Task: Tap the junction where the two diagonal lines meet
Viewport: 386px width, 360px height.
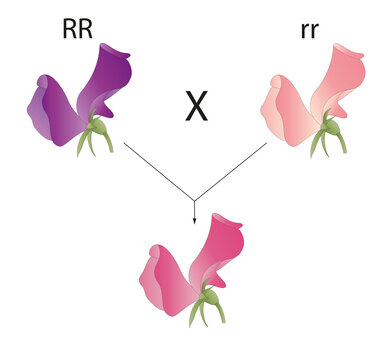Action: tap(194, 199)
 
